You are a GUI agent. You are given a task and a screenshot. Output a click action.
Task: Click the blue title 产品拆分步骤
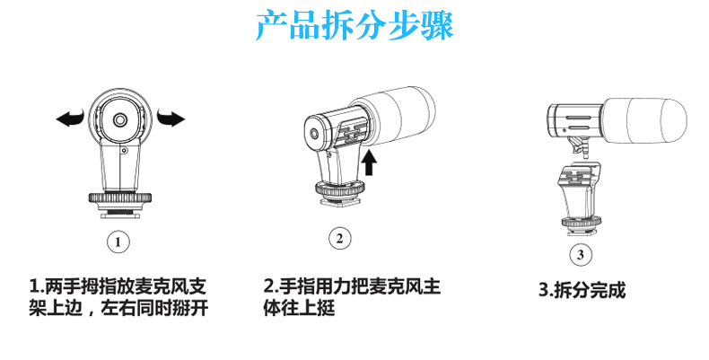click(x=354, y=26)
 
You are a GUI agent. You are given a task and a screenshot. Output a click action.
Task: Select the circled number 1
click(x=119, y=241)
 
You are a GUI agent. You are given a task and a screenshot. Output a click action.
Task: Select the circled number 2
click(x=338, y=239)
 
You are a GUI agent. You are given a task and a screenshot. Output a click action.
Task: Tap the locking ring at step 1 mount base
click(x=120, y=198)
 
